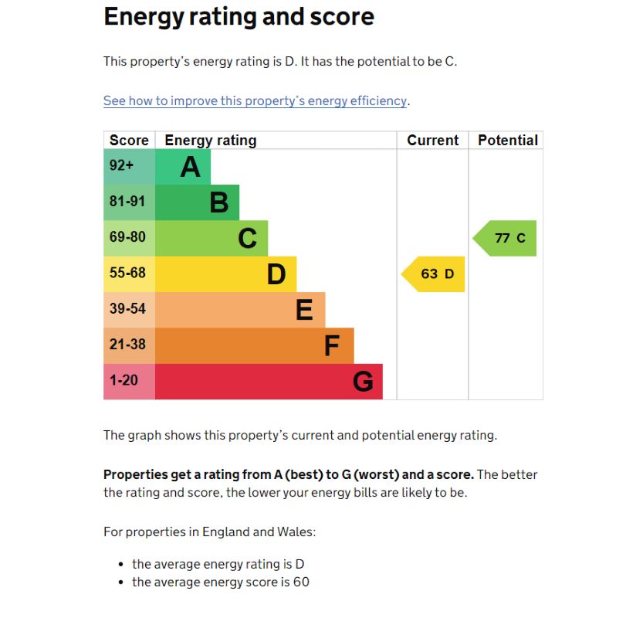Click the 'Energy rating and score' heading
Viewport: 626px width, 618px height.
(239, 17)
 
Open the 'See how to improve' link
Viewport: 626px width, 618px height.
(255, 101)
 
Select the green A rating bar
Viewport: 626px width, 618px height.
(184, 167)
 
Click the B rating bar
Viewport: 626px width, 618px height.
(198, 202)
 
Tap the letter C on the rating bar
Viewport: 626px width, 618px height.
(247, 239)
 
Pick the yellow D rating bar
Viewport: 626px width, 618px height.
(225, 274)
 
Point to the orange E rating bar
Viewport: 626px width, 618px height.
(240, 310)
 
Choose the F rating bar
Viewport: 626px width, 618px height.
(254, 346)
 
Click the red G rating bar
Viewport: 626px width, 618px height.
(269, 382)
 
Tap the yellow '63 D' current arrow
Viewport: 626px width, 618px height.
(435, 274)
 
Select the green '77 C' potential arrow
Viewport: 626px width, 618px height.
(506, 238)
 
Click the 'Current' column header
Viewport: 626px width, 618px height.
(432, 141)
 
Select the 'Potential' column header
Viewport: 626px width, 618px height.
(507, 141)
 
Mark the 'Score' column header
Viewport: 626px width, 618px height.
(129, 141)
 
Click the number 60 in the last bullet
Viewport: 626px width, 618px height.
(301, 582)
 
